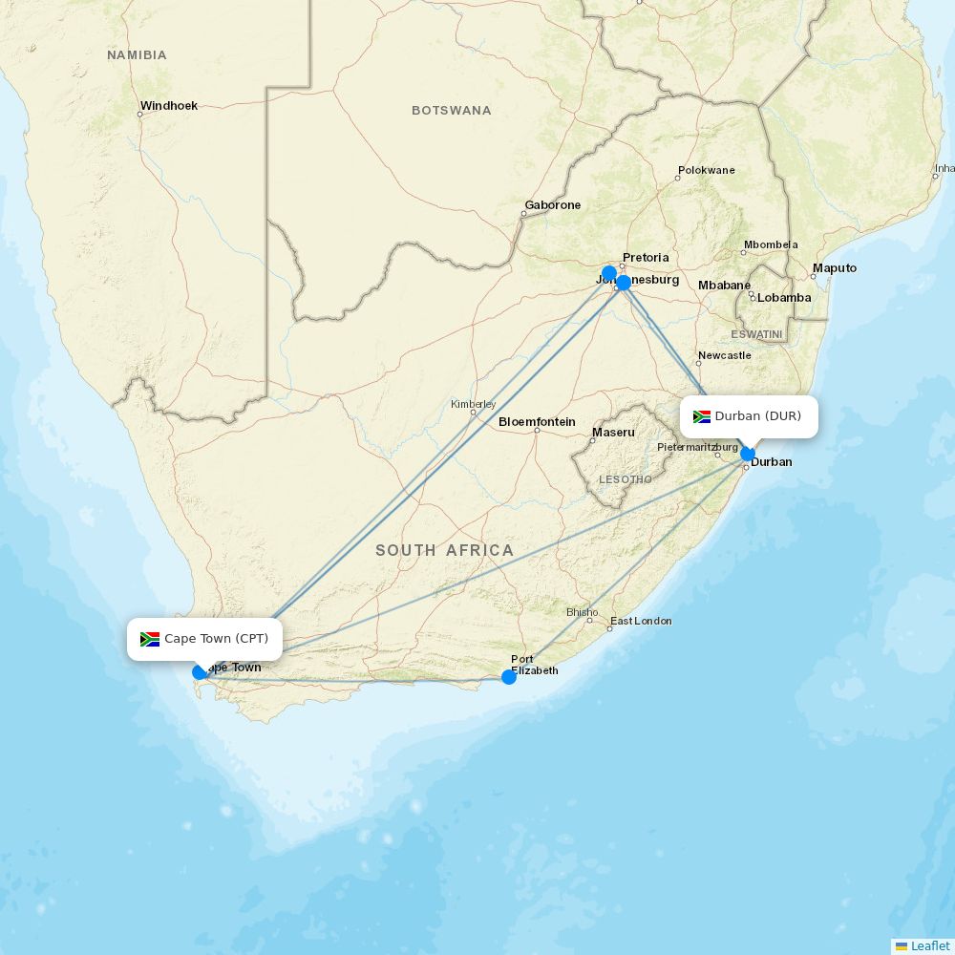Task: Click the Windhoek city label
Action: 169,106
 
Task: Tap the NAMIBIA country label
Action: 137,55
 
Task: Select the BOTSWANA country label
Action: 452,111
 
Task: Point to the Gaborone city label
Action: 552,205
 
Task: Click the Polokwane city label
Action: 706,171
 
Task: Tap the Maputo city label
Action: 835,268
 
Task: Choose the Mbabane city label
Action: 724,286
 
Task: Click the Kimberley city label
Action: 473,404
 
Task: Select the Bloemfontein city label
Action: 537,421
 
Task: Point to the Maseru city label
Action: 613,433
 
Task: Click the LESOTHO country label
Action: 626,479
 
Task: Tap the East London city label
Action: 641,621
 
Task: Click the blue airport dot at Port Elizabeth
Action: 509,677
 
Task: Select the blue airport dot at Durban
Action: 748,454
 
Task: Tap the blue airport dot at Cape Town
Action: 200,672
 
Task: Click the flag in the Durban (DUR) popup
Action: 702,416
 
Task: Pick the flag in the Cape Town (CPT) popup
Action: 150,639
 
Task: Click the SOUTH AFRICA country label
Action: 444,550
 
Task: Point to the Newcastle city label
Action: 724,355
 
